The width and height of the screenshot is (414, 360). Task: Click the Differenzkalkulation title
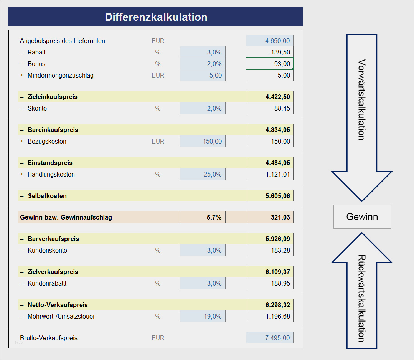point(156,17)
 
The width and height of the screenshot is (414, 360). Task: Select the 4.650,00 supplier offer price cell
point(269,41)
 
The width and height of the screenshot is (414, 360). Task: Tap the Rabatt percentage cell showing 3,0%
point(203,52)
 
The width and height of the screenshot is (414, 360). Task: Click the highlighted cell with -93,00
point(269,64)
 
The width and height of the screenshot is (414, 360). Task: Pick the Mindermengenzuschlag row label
point(60,75)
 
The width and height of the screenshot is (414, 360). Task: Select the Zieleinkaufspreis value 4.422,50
point(269,97)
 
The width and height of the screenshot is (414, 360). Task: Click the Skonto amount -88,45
point(269,108)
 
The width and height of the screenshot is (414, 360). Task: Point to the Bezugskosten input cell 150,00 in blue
point(203,141)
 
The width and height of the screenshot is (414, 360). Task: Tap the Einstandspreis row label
point(50,163)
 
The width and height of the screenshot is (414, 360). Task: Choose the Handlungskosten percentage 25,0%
point(203,174)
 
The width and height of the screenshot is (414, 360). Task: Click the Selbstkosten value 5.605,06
point(269,196)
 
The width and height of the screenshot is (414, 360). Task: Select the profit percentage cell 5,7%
point(203,217)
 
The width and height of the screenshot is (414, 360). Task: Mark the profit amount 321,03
point(269,217)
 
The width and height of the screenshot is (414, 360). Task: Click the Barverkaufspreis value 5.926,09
point(269,239)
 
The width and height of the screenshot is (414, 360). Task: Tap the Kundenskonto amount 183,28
point(269,250)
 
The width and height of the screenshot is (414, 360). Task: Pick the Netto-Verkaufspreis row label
point(58,305)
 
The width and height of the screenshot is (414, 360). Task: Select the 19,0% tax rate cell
point(203,316)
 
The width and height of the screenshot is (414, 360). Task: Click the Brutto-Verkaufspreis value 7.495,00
point(269,338)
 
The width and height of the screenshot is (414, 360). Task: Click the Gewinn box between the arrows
point(362,217)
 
